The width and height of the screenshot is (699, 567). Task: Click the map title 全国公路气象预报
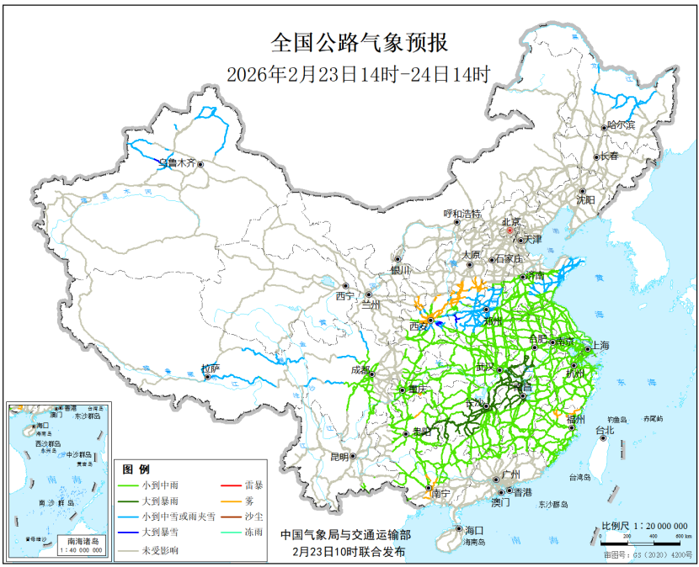(358, 43)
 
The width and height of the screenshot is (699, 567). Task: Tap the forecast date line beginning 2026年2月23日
(358, 74)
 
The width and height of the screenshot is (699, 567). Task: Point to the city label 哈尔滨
(622, 125)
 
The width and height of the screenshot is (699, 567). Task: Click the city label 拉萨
(210, 368)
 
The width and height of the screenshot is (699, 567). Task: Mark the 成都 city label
(360, 370)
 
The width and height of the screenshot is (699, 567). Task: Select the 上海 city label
(600, 346)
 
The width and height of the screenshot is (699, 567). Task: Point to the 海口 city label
(474, 530)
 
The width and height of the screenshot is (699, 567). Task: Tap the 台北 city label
(605, 431)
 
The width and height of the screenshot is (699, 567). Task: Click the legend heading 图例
(136, 469)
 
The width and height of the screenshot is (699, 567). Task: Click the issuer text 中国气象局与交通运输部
(346, 534)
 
